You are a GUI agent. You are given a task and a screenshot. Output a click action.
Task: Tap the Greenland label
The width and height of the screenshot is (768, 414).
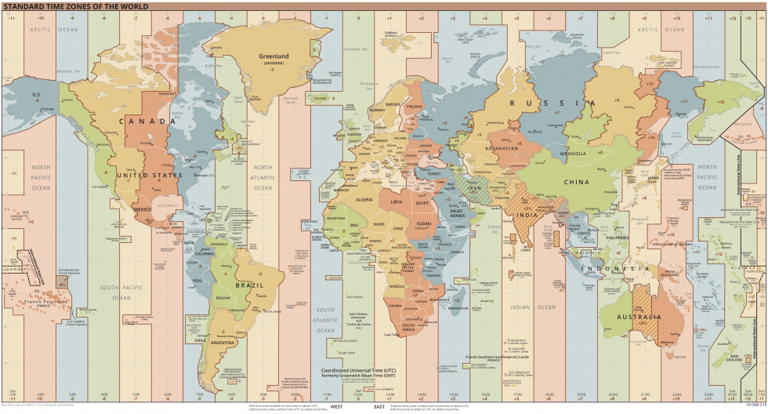[274, 56]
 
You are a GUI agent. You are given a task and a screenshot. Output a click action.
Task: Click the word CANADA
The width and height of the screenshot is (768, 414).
[147, 122]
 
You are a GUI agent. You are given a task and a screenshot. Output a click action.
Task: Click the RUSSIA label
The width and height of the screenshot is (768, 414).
[546, 103]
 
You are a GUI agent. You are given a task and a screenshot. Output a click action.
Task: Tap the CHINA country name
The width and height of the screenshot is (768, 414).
[576, 182]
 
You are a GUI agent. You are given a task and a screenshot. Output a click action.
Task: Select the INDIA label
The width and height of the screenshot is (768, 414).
[526, 215]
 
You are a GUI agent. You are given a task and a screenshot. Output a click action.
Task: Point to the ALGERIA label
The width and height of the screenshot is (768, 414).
[365, 200]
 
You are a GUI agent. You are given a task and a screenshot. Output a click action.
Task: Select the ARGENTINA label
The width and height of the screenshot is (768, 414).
[223, 343]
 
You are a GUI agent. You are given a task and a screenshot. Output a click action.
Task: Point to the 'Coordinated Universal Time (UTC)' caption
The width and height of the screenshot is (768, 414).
[359, 369]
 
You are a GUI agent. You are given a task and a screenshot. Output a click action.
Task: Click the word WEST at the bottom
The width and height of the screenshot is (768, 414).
[336, 407]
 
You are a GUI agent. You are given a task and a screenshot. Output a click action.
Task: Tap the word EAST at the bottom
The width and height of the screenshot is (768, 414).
[379, 407]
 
